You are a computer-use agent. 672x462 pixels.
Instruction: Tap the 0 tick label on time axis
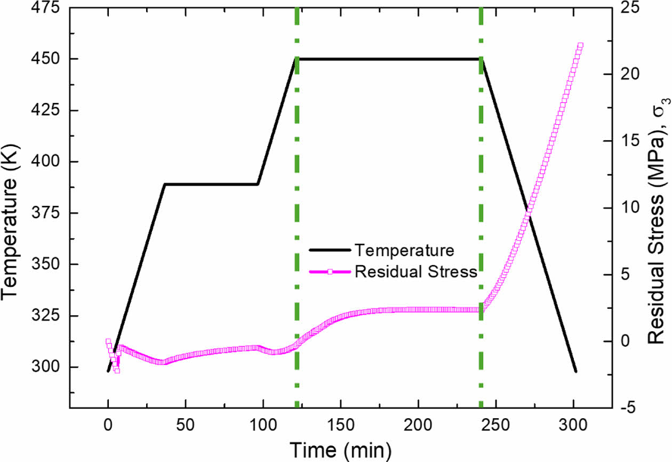[x=108, y=425]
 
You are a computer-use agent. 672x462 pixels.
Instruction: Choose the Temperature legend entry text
[x=405, y=250]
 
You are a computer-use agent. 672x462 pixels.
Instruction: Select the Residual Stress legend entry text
[x=415, y=272]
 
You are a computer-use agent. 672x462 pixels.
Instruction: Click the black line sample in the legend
[x=330, y=250]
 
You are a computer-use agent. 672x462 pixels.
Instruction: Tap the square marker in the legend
[x=330, y=272]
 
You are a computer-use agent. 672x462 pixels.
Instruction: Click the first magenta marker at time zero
[x=108, y=341]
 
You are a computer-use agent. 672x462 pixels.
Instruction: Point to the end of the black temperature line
[x=575, y=371]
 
